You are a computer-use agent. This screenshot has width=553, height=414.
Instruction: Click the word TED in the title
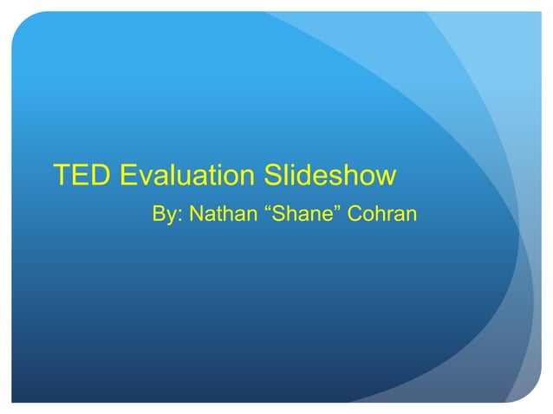coord(83,175)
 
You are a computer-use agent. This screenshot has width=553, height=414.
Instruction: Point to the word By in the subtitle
coord(163,213)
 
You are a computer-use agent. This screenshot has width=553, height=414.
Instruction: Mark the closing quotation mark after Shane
coord(342,207)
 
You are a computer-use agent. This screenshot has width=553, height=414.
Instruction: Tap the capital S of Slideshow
coord(273,175)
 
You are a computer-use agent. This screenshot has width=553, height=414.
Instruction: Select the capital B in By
coord(159,212)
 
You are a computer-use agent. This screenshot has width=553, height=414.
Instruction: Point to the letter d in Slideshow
coord(311,175)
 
